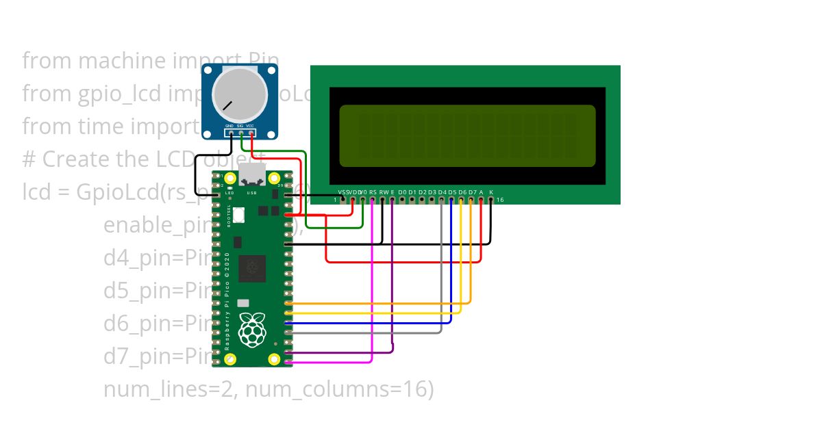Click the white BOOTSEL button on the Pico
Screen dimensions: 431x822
tap(238, 215)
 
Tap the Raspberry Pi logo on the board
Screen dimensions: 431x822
tap(252, 329)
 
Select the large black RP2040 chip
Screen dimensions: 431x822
tap(252, 268)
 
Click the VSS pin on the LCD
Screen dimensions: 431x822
tap(342, 199)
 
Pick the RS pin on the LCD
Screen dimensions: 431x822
tap(372, 199)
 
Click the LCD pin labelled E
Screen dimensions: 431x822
tap(392, 199)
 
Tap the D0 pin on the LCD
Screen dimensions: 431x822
tap(402, 199)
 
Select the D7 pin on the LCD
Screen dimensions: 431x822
tap(471, 199)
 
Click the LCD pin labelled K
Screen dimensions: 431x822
tap(491, 199)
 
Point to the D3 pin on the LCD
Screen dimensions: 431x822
tap(432, 199)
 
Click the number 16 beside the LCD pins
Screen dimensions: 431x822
tap(500, 200)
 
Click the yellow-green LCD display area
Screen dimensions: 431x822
tap(467, 135)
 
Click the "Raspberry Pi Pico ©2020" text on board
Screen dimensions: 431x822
tap(227, 301)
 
